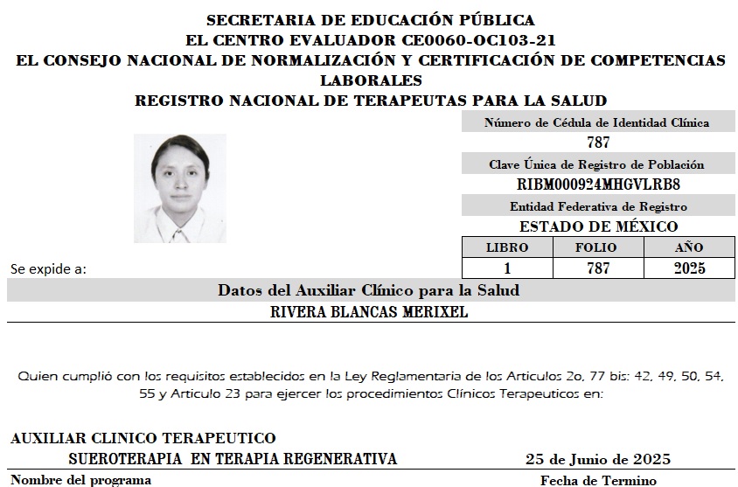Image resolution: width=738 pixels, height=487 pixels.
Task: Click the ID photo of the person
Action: [x=179, y=187]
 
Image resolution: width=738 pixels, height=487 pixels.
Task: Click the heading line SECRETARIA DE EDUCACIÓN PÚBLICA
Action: [x=371, y=20]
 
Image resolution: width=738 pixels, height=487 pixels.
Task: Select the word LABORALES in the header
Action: [x=371, y=80]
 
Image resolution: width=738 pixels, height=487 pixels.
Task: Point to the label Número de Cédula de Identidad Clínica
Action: [x=597, y=123]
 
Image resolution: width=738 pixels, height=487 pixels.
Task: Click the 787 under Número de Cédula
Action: [x=598, y=143]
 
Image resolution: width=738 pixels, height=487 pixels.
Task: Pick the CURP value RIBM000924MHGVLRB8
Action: [x=598, y=184]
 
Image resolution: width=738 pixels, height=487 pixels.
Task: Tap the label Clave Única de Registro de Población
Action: [x=597, y=164]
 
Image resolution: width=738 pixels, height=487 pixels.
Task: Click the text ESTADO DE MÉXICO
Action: [x=598, y=226]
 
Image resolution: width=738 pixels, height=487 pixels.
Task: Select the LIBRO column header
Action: [x=507, y=247]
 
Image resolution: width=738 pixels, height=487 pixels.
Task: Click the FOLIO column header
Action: [x=598, y=247]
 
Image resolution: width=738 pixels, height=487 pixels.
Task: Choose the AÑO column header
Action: [x=689, y=247]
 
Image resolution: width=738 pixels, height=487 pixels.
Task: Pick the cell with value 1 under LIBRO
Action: [x=507, y=268]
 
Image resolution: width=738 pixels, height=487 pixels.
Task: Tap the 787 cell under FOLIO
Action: [x=598, y=268]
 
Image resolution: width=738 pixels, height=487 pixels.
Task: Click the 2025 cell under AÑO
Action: [x=689, y=268]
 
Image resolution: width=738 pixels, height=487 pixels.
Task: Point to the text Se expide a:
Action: [x=48, y=269]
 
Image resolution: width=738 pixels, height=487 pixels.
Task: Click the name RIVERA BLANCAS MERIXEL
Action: [x=371, y=312]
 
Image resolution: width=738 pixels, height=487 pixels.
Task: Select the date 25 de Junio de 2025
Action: [x=598, y=459]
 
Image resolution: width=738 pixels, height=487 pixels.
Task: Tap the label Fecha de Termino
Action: [x=598, y=480]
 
